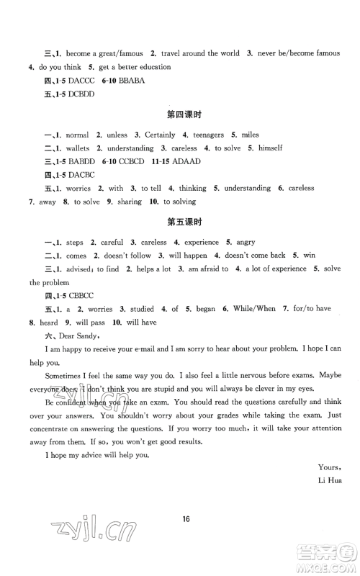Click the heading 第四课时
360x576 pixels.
point(179,114)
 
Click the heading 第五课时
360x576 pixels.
point(179,222)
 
